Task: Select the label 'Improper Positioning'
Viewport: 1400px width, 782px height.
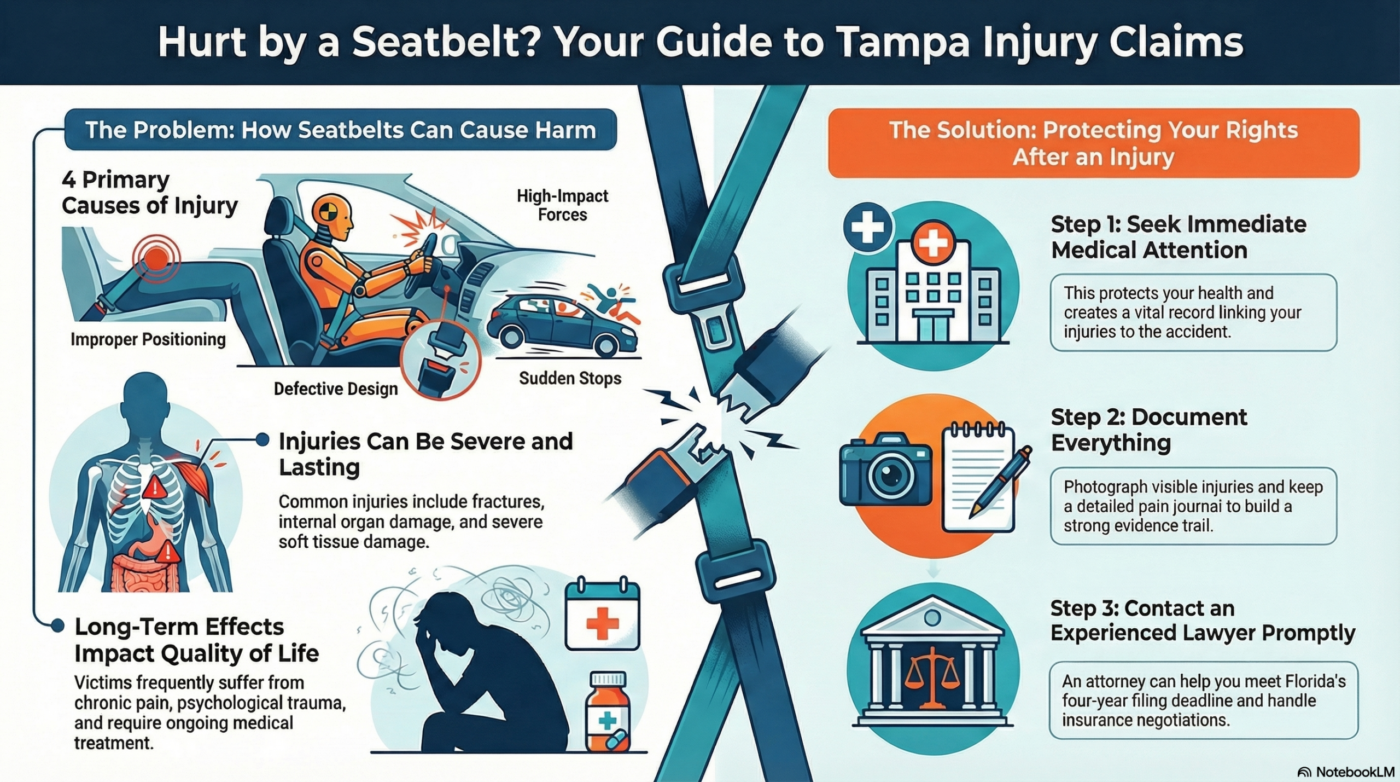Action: point(148,340)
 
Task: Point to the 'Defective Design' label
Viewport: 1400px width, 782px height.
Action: point(336,389)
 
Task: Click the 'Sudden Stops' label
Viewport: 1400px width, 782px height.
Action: point(570,378)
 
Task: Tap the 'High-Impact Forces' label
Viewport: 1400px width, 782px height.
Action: point(562,205)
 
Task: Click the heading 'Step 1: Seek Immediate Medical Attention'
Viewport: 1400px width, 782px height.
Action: point(1178,237)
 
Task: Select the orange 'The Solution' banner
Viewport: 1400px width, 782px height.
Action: point(1093,143)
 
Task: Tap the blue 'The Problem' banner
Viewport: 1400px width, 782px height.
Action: point(340,130)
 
